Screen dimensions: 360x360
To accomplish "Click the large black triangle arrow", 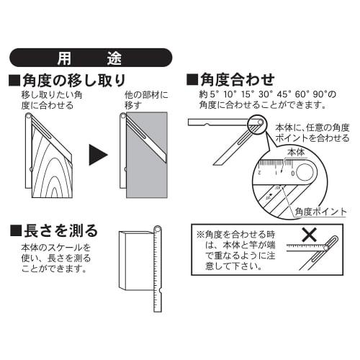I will pos(99,153).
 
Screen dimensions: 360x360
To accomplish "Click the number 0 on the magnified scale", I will pos(292,173).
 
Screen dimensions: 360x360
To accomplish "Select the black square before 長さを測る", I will pos(15,231).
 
